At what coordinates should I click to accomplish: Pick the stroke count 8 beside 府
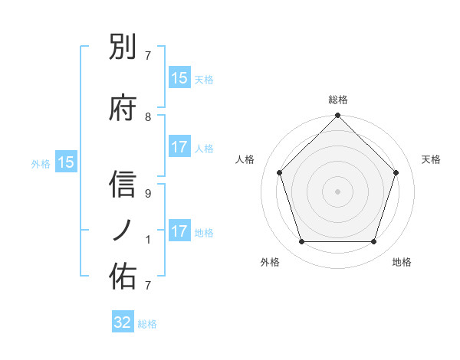[x=148, y=116]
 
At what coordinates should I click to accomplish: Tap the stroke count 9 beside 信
[x=148, y=193]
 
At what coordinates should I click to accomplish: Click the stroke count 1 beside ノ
[x=148, y=239]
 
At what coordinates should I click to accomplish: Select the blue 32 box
[x=123, y=322]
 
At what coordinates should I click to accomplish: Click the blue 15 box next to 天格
[x=179, y=78]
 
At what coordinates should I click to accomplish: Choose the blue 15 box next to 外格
[x=66, y=162]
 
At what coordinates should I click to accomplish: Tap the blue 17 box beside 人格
[x=179, y=147]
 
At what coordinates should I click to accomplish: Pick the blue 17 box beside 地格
[x=179, y=231]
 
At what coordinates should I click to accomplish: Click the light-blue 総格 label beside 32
[x=147, y=324]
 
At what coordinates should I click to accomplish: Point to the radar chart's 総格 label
[x=337, y=100]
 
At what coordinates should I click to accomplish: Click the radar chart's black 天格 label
[x=431, y=159]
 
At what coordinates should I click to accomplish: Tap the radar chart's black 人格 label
[x=245, y=159]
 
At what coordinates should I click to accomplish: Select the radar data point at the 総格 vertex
[x=337, y=116]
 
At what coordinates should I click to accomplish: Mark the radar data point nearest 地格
[x=374, y=242]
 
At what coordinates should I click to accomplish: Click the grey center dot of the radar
[x=337, y=191]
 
